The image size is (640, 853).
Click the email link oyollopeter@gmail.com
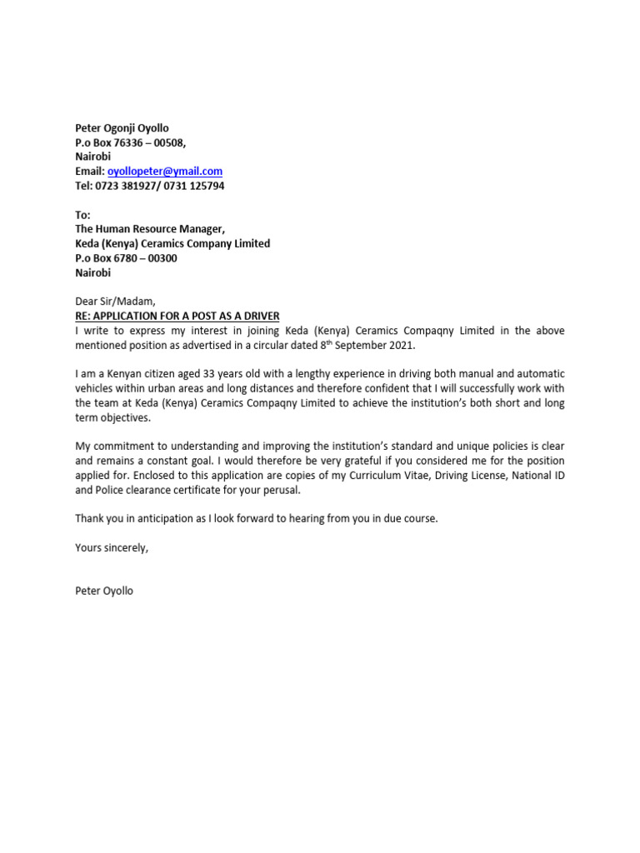165,172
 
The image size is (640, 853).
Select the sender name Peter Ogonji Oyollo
122,128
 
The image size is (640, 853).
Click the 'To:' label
82,215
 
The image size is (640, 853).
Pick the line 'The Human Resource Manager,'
150,229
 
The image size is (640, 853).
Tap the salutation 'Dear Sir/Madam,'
116,302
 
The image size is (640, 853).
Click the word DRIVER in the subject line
259,316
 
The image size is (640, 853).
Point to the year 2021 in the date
399,345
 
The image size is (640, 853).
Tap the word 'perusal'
277,490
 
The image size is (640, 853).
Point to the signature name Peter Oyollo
104,591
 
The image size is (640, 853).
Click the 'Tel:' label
85,186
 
